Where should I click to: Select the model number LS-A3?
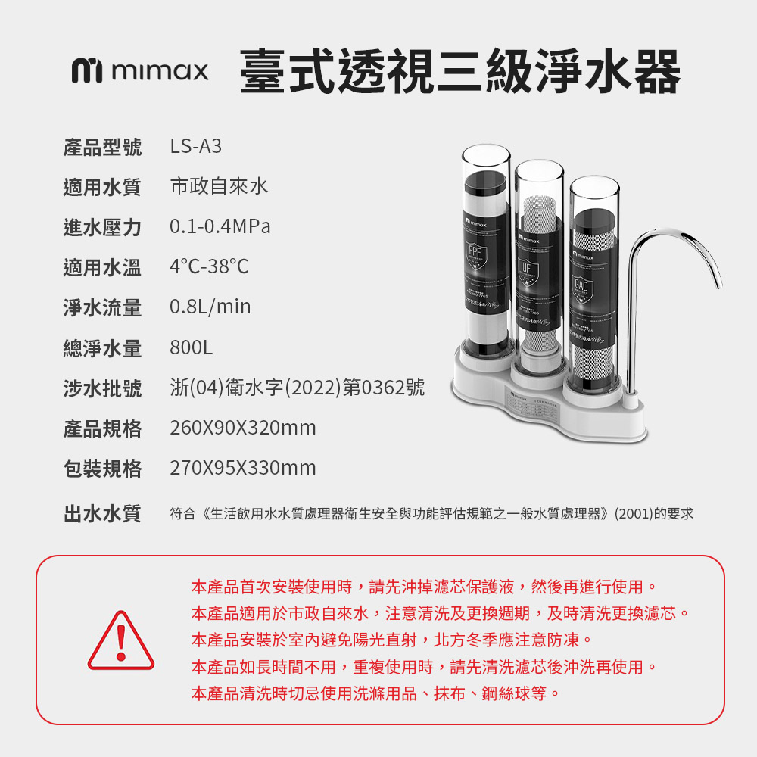pos(196,146)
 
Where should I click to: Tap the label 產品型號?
pos(102,147)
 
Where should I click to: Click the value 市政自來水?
pos(219,186)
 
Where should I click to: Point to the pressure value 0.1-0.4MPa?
pos(220,226)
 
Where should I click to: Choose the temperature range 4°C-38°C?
pos(209,266)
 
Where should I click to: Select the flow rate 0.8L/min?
pos(210,307)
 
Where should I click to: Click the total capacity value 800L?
pos(192,348)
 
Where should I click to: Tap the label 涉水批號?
pos(102,388)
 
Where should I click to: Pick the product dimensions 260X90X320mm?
pos(242,428)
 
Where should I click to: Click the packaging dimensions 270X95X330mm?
pos(242,469)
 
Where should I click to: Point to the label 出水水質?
pos(102,514)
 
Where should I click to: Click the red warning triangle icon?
pos(120,641)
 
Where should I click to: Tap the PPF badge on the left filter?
pos(475,253)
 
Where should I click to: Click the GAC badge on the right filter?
pos(581,285)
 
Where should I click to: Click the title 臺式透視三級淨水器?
pos(460,72)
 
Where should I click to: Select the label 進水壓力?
pos(102,226)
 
